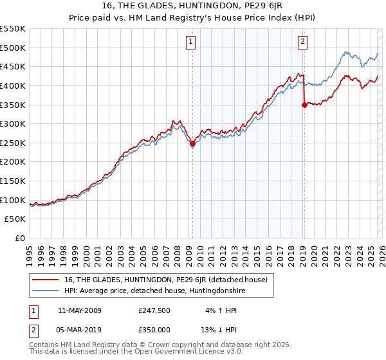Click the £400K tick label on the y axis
pyautogui.click(x=13, y=85)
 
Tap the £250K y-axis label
pyautogui.click(x=13, y=143)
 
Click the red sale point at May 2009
pyautogui.click(x=192, y=144)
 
